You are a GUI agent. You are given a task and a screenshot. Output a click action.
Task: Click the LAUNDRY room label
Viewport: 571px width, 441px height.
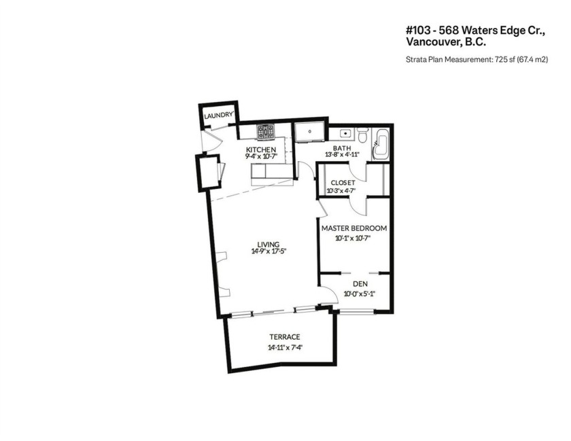click(x=219, y=116)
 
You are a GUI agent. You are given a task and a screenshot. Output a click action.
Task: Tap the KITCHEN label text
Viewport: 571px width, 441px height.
click(x=260, y=149)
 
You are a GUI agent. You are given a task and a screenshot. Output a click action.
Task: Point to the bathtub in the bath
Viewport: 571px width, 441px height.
click(x=381, y=143)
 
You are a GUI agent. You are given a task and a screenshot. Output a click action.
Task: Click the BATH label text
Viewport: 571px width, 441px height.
click(x=342, y=149)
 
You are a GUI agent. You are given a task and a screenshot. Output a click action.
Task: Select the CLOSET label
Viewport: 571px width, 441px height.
click(x=343, y=183)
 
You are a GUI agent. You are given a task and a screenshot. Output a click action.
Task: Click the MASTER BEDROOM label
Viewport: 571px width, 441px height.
click(x=354, y=228)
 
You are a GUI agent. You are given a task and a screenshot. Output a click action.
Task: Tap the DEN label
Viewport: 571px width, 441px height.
click(x=360, y=284)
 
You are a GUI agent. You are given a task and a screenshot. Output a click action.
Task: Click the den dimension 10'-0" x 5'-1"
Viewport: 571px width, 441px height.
click(x=360, y=294)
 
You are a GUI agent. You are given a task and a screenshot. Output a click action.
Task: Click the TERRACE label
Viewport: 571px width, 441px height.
click(x=284, y=337)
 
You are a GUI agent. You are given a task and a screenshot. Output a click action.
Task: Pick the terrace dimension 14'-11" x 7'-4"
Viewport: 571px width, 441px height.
click(x=284, y=348)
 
